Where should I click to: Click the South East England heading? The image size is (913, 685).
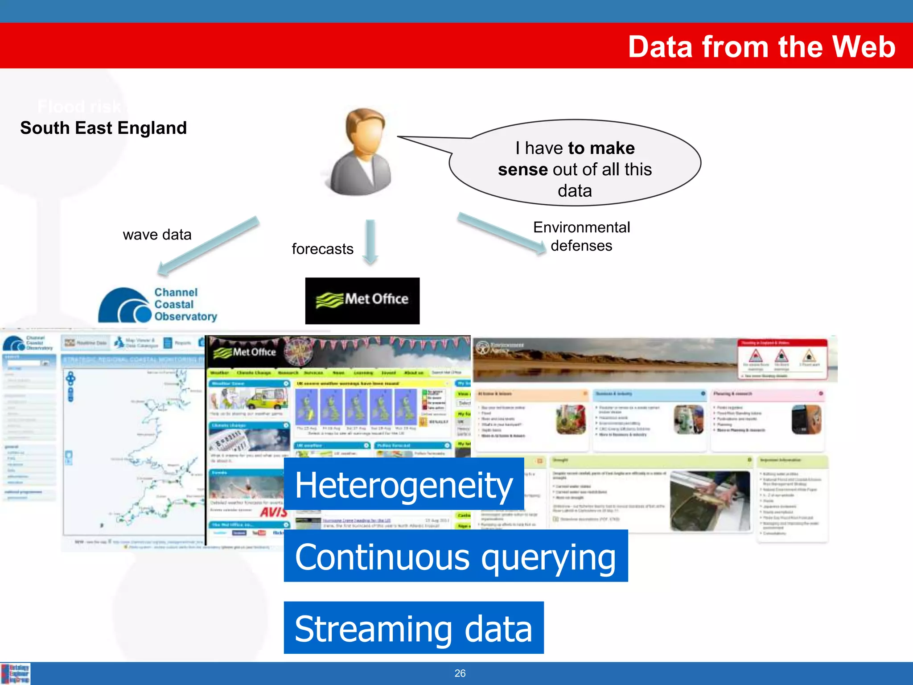(103, 128)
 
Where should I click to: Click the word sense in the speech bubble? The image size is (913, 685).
(522, 169)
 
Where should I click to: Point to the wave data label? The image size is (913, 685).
(157, 235)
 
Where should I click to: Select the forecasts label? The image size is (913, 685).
(322, 249)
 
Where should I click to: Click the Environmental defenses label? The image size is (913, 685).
(581, 236)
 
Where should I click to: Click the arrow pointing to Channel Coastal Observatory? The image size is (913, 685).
(208, 246)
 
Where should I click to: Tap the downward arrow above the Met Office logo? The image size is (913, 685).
(370, 241)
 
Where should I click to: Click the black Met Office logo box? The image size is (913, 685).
(362, 301)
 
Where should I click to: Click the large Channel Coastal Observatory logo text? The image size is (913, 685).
(185, 305)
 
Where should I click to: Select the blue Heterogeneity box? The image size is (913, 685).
(403, 484)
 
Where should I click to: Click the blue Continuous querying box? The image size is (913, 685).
(455, 556)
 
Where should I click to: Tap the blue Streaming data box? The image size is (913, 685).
(413, 628)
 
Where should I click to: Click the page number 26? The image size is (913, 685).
(460, 673)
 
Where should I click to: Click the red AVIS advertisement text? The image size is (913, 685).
(273, 512)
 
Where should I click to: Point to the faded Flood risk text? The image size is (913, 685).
(79, 107)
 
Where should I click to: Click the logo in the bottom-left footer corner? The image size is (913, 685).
(16, 673)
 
